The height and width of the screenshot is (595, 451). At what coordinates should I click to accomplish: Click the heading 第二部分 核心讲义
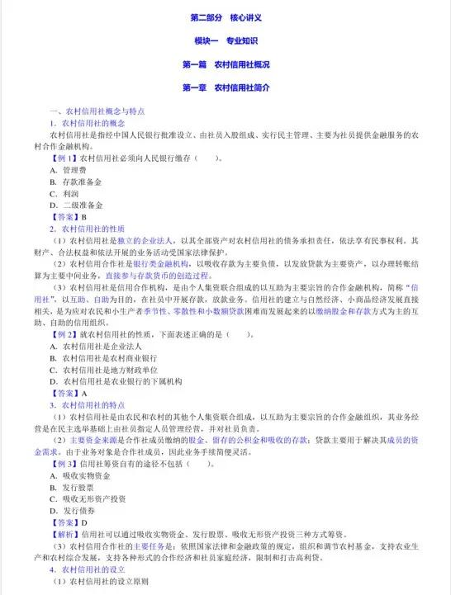tap(225, 17)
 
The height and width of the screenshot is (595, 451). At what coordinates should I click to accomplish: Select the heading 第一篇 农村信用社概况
tap(225, 64)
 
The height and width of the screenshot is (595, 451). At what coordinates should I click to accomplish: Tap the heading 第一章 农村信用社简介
tap(225, 87)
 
